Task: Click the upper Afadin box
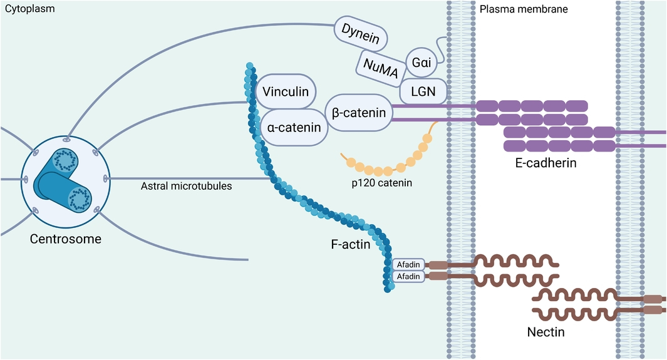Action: pyautogui.click(x=408, y=264)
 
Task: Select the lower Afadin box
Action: pyautogui.click(x=408, y=276)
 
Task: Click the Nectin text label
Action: pyautogui.click(x=545, y=332)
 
